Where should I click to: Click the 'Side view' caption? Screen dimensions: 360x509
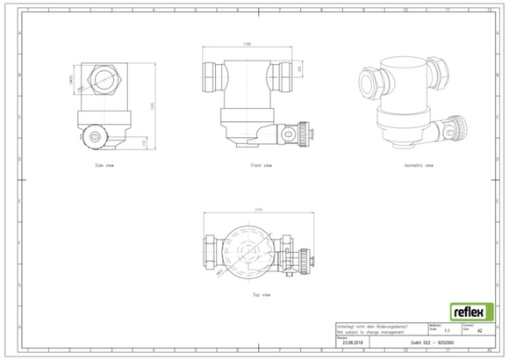[104, 164]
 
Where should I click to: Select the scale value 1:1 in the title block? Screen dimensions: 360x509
[447, 330]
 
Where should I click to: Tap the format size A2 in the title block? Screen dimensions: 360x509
[478, 330]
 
